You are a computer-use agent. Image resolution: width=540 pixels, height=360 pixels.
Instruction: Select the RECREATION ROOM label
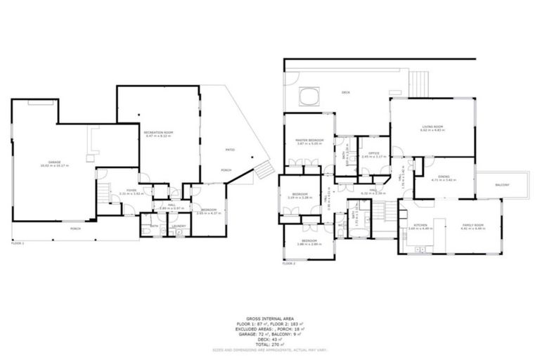(158, 132)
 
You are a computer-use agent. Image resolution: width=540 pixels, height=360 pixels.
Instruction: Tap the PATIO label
(229, 150)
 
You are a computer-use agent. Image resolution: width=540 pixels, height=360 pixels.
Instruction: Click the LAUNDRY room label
(179, 226)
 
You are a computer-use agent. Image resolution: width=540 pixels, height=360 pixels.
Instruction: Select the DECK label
(345, 92)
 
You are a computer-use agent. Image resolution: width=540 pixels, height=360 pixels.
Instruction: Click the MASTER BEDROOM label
(309, 140)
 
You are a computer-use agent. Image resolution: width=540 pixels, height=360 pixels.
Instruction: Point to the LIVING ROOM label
(432, 127)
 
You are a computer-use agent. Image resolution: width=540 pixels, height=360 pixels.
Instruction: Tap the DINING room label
(443, 177)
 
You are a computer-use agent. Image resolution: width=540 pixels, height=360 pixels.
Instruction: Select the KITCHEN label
(420, 225)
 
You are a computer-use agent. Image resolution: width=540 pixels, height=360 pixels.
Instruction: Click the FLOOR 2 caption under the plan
(289, 263)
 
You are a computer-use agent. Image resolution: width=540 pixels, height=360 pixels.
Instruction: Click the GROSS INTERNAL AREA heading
(270, 318)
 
